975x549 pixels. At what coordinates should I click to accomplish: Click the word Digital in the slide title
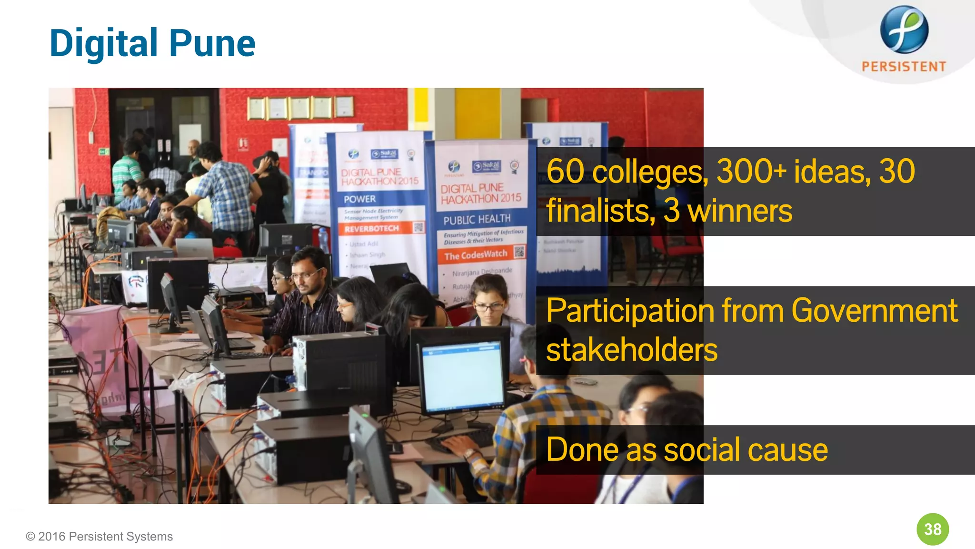point(104,44)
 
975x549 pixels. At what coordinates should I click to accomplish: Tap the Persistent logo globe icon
point(904,30)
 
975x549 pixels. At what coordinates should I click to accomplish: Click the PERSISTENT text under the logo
point(904,66)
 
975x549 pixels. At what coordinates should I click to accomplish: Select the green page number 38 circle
point(933,529)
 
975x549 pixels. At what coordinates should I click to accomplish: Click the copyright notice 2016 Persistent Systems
point(99,537)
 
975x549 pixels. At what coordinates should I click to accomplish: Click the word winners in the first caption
point(740,211)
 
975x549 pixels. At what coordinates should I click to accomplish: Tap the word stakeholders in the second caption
point(632,350)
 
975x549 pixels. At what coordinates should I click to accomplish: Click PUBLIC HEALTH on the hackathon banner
point(477,219)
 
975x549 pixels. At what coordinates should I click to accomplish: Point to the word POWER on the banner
point(360,199)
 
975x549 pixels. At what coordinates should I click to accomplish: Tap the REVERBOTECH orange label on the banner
point(372,229)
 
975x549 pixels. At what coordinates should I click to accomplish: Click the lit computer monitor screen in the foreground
point(461,376)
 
